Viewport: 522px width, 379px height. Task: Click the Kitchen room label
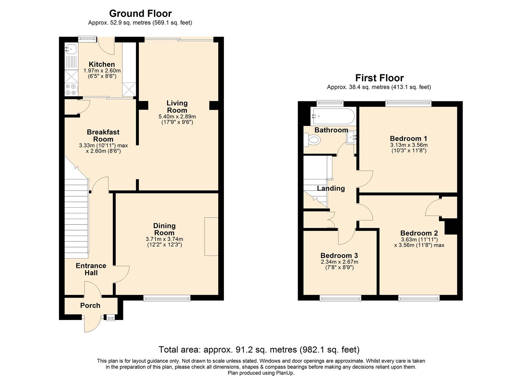click(102, 64)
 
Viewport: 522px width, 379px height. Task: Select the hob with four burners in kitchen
click(71, 89)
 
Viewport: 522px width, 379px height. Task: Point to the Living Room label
click(177, 106)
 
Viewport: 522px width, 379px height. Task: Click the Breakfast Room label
click(103, 135)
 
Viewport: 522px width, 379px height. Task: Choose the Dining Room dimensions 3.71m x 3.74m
click(164, 239)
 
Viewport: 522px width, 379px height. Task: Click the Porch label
click(90, 305)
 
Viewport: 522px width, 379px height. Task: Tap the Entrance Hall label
click(91, 269)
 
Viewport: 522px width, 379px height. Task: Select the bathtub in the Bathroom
click(333, 116)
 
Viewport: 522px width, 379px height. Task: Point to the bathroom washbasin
click(352, 138)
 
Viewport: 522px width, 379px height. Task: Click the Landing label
click(331, 188)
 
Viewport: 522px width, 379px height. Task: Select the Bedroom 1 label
click(408, 138)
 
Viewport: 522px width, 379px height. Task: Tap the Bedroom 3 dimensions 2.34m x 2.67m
click(339, 262)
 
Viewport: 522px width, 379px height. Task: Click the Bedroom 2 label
click(419, 233)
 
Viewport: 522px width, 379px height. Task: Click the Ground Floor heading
click(140, 13)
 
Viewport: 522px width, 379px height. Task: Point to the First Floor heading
click(379, 78)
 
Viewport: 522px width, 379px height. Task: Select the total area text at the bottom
click(259, 350)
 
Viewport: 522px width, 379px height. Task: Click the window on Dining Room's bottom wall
click(167, 298)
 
